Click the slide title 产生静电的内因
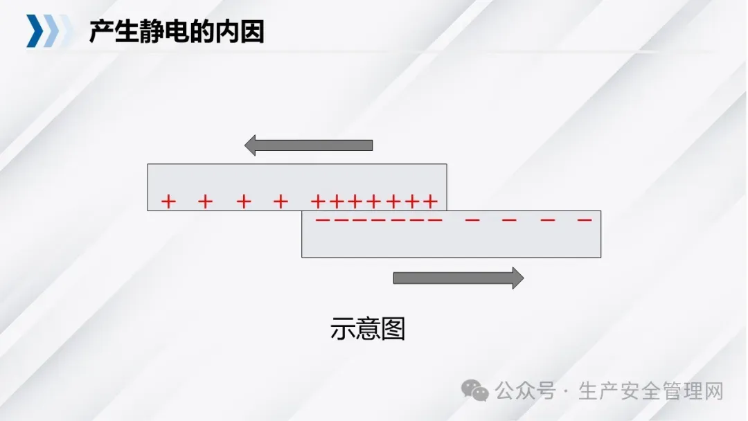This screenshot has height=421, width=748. coord(177,32)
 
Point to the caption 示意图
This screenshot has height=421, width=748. coord(367,330)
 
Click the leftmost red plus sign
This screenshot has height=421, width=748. coord(168,201)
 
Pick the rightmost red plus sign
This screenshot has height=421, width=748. coord(431,201)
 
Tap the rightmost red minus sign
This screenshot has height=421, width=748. coord(585,220)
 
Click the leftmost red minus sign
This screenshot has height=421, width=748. coord(323,220)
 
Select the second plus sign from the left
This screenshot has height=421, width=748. coord(206,201)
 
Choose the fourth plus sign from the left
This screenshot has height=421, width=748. coord(280,201)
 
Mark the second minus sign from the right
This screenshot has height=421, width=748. coord(548,220)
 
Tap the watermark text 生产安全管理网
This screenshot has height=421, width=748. coord(650,391)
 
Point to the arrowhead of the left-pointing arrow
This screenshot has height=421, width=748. coord(251,145)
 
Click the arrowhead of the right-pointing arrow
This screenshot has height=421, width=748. coord(517,278)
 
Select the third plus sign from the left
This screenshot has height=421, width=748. coord(243,201)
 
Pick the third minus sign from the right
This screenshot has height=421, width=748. coord(509,220)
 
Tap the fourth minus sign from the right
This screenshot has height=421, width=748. coord(472,220)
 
